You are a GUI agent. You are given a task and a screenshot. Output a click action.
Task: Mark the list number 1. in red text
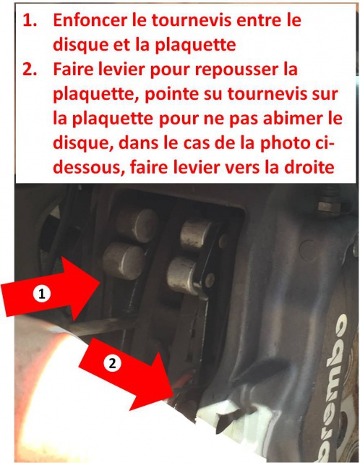coord(30,21)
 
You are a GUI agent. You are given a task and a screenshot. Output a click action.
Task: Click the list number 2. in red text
coord(30,69)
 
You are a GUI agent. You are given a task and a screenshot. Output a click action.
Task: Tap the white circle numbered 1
coord(42,294)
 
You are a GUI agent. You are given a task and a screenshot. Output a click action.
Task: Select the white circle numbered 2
coord(112,363)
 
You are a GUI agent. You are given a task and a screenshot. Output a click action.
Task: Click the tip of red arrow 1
coord(99,282)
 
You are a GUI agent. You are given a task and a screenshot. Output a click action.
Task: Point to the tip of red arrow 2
coord(173,396)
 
